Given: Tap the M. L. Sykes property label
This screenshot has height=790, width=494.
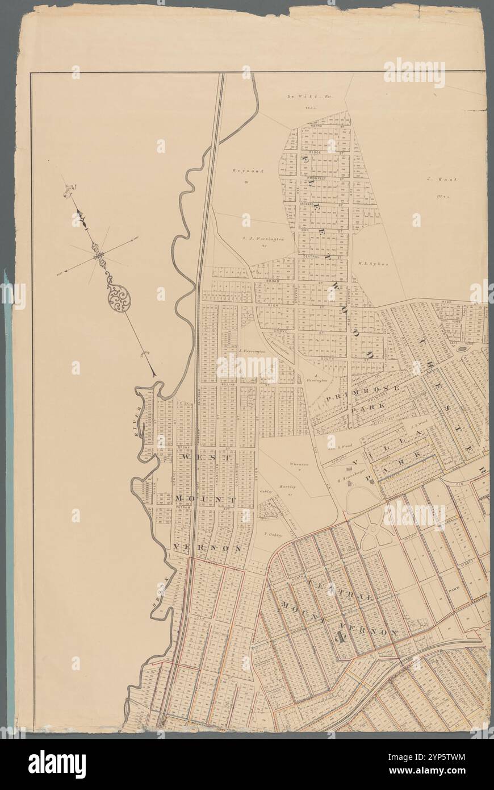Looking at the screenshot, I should point(372,264).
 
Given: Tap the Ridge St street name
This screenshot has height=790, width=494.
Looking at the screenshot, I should point(316,153).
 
